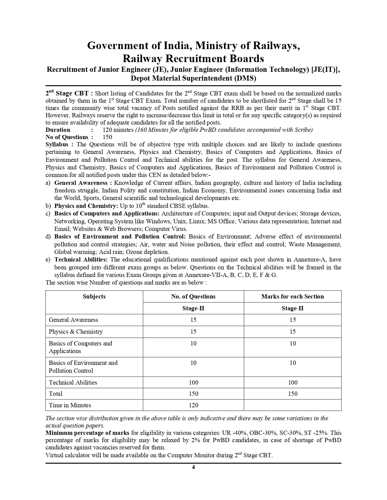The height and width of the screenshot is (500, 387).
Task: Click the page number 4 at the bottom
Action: (193, 467)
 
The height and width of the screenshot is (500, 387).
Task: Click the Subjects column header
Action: (94, 296)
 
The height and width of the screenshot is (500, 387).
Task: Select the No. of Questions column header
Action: (193, 296)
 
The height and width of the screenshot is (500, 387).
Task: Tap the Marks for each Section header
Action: (292, 296)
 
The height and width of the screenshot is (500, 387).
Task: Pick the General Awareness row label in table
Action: (73, 320)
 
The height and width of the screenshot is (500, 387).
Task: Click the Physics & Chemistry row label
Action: (76, 332)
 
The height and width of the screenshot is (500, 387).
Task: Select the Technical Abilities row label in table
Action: (73, 382)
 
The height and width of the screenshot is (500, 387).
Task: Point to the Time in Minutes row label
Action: (70, 405)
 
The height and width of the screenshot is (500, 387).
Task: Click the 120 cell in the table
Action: (193, 405)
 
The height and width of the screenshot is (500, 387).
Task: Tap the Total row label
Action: (56, 394)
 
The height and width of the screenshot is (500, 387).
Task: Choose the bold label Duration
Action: (58, 130)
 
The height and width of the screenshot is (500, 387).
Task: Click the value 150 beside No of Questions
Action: (107, 137)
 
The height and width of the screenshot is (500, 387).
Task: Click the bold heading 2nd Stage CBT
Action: (67, 93)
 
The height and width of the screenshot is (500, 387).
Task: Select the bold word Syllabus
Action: (57, 145)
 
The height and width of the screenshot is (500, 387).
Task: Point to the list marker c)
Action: (48, 214)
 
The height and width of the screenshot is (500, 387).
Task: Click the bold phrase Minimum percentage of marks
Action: (87, 433)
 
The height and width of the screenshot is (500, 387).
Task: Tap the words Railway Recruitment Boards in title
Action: (193, 58)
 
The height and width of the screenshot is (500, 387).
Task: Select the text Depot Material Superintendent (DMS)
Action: (193, 78)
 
